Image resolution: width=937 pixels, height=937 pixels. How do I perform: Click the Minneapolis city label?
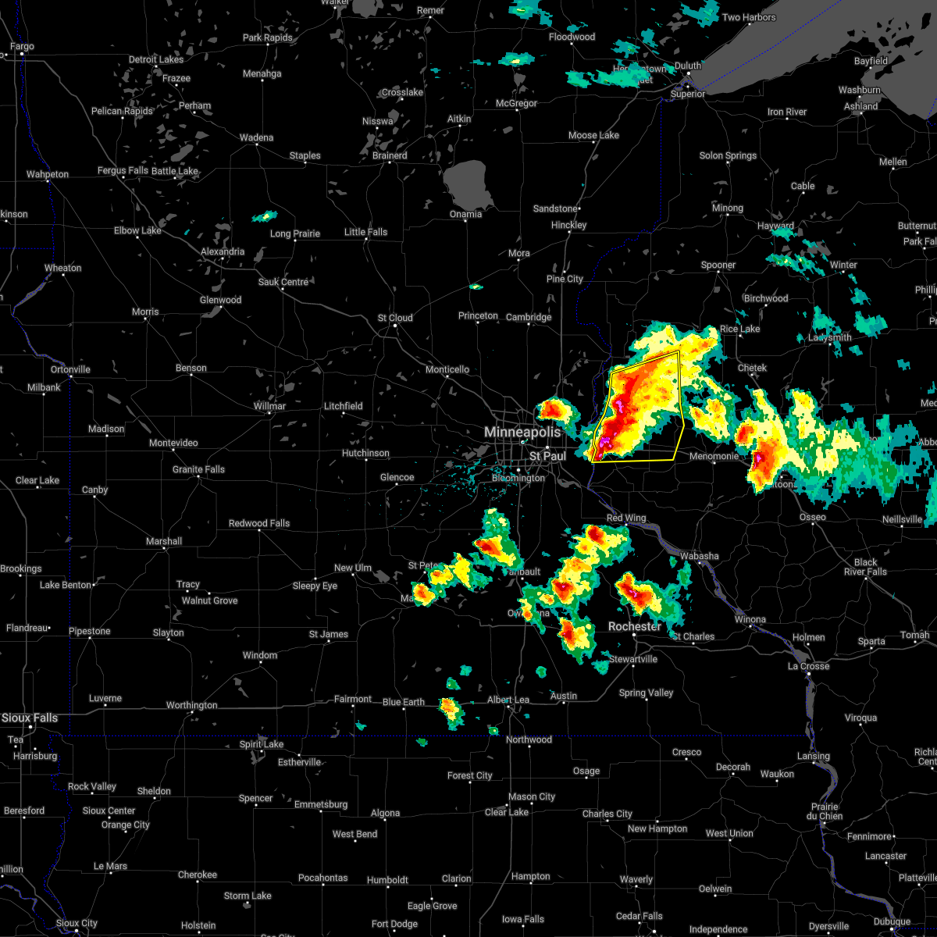click(522, 432)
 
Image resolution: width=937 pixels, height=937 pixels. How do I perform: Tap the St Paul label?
click(547, 456)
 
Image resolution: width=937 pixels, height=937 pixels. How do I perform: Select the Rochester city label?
click(635, 627)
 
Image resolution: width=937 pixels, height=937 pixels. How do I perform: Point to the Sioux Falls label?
click(29, 718)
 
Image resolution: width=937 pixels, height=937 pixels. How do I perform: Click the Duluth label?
click(688, 66)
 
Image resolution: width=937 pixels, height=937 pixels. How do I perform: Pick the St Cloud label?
click(395, 319)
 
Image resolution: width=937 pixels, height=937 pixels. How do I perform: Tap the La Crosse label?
click(808, 666)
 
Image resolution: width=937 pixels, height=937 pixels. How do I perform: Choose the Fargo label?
click(22, 47)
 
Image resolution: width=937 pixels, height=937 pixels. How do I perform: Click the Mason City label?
click(531, 797)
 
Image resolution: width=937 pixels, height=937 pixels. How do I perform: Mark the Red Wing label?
click(626, 518)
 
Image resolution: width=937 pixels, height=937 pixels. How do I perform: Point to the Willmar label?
click(269, 407)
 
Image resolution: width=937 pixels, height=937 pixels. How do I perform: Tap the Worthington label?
click(191, 706)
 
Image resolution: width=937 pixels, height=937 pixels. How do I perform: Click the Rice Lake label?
click(739, 330)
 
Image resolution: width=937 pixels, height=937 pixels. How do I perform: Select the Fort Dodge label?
click(394, 925)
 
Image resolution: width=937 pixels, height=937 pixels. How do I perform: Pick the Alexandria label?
click(223, 252)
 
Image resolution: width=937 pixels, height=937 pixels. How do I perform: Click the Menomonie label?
click(713, 457)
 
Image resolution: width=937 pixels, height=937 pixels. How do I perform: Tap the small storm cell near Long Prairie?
click(265, 216)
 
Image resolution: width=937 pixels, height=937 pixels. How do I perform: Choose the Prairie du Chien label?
click(825, 811)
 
